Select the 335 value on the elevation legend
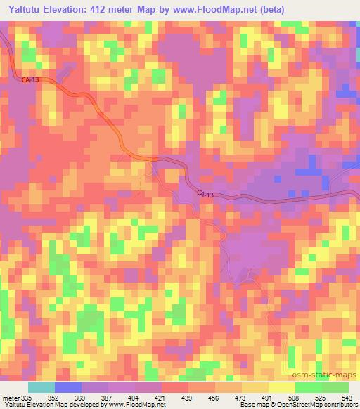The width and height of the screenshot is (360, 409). click(x=30, y=397)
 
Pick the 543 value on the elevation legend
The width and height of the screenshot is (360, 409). click(x=348, y=397)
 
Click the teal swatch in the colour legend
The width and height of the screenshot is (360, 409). click(x=41, y=387)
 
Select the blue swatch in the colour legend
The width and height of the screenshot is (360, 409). click(x=67, y=387)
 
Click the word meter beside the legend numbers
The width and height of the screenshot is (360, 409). click(x=11, y=397)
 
